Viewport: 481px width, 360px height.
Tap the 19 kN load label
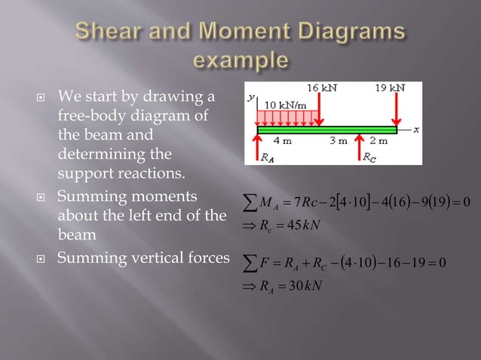390,88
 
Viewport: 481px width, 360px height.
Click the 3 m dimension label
338,141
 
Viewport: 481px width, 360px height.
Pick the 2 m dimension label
378,141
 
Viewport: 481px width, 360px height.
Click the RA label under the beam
268,158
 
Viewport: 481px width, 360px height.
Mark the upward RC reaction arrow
358,147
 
